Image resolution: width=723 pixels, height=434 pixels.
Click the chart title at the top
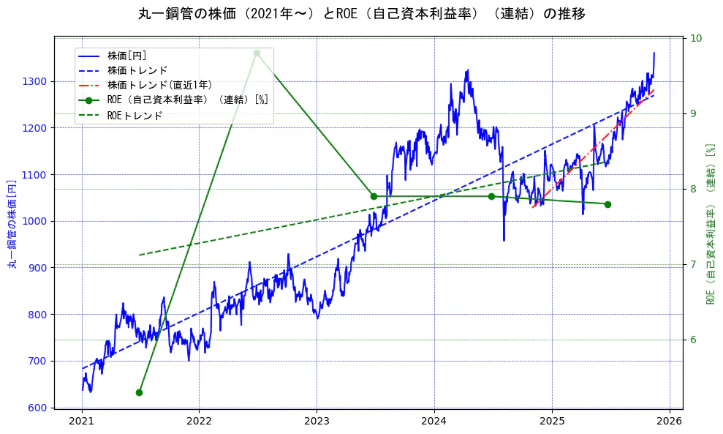point(361,14)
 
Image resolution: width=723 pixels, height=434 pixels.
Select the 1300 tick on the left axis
point(37,81)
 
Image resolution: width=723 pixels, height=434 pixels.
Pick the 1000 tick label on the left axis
point(37,221)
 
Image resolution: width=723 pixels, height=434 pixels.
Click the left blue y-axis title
point(12,225)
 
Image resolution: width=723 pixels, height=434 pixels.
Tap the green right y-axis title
point(710,225)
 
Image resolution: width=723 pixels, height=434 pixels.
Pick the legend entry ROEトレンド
point(135,115)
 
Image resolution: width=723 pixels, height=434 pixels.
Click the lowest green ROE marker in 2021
point(139,392)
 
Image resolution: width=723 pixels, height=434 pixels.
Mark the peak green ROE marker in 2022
point(257,53)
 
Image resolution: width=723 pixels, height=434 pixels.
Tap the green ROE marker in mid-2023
point(374,196)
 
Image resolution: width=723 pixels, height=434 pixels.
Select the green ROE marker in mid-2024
point(491,196)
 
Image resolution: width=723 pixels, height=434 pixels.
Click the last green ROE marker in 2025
point(608,204)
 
